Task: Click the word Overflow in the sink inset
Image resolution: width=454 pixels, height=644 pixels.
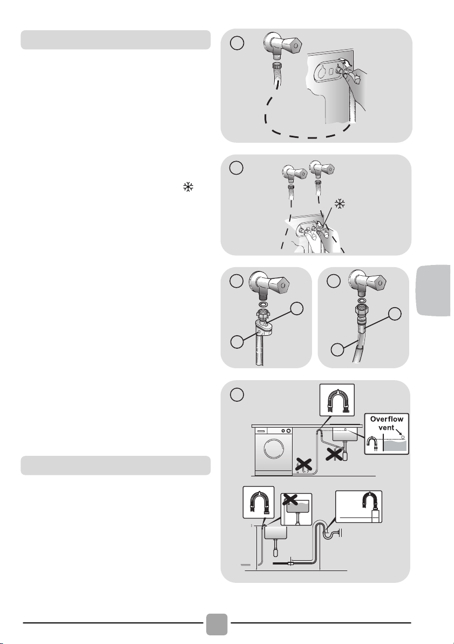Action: [387, 419]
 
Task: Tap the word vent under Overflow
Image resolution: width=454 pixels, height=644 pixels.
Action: [387, 428]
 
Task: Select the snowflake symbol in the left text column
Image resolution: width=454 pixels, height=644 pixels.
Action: [188, 187]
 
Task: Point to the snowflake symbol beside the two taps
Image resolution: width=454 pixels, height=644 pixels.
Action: [340, 204]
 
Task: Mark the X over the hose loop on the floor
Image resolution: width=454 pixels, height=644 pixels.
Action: [303, 465]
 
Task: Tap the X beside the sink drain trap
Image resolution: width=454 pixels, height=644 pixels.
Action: [335, 454]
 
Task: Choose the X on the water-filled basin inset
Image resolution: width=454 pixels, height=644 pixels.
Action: [290, 499]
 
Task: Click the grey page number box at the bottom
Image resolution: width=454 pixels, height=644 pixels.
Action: [216, 625]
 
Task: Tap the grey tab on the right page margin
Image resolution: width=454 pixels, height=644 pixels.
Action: [434, 290]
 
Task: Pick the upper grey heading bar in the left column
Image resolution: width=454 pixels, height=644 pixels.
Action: [116, 40]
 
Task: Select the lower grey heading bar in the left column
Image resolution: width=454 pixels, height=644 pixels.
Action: [116, 466]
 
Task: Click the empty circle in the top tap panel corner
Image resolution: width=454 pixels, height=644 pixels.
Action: [236, 43]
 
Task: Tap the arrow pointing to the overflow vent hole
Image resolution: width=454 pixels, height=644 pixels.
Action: [399, 432]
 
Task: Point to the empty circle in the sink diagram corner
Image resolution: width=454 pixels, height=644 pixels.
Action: [236, 394]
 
